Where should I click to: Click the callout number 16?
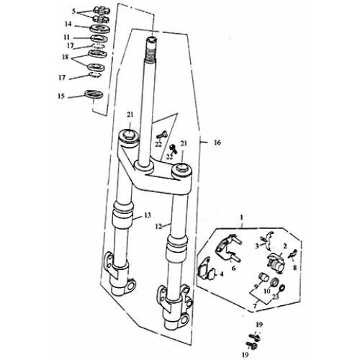(217, 143)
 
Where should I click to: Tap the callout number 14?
(68, 24)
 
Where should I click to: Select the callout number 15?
(61, 96)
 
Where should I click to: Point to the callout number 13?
(148, 215)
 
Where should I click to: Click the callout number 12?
(158, 226)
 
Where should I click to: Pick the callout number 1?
(242, 217)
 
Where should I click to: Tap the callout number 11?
(67, 37)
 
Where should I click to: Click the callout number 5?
(73, 11)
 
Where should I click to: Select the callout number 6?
(233, 268)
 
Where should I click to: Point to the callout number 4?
(222, 274)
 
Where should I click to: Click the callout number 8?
(294, 267)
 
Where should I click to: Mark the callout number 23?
(276, 297)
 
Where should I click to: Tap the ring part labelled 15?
(94, 94)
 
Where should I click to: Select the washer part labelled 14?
(100, 29)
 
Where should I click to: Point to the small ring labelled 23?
(282, 287)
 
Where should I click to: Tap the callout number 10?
(267, 291)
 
